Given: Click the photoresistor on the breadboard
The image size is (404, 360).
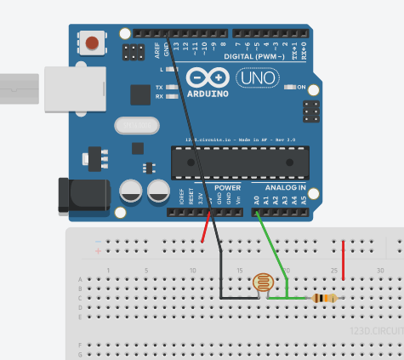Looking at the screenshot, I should coord(264,283).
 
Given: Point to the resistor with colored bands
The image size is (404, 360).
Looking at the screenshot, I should coord(325,298).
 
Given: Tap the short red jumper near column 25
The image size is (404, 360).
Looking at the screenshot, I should coord(343,260).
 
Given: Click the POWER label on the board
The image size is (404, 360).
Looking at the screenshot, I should coord(228,187).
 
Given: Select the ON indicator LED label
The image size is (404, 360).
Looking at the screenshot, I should coord(299,87).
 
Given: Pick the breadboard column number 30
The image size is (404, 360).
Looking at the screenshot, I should coord(381,271).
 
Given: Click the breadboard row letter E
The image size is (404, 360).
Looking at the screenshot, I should coord(81,317).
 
